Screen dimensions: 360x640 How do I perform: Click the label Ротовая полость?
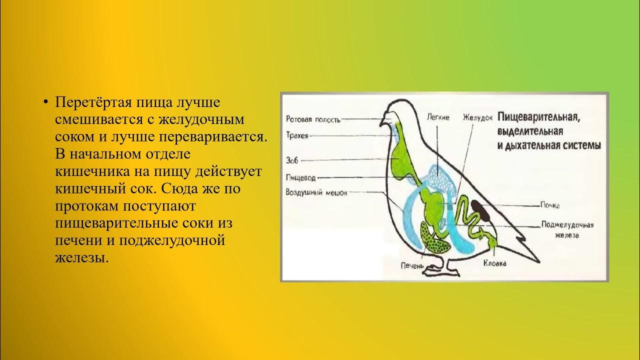(313, 119)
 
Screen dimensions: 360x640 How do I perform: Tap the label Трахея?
(297, 135)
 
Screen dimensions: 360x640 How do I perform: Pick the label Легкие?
(438, 117)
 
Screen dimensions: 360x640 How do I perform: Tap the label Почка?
(549, 205)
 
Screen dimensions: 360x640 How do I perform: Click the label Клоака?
(494, 263)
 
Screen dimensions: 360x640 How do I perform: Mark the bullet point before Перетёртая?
(45, 102)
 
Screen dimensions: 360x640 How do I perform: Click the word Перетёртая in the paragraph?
(86, 102)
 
